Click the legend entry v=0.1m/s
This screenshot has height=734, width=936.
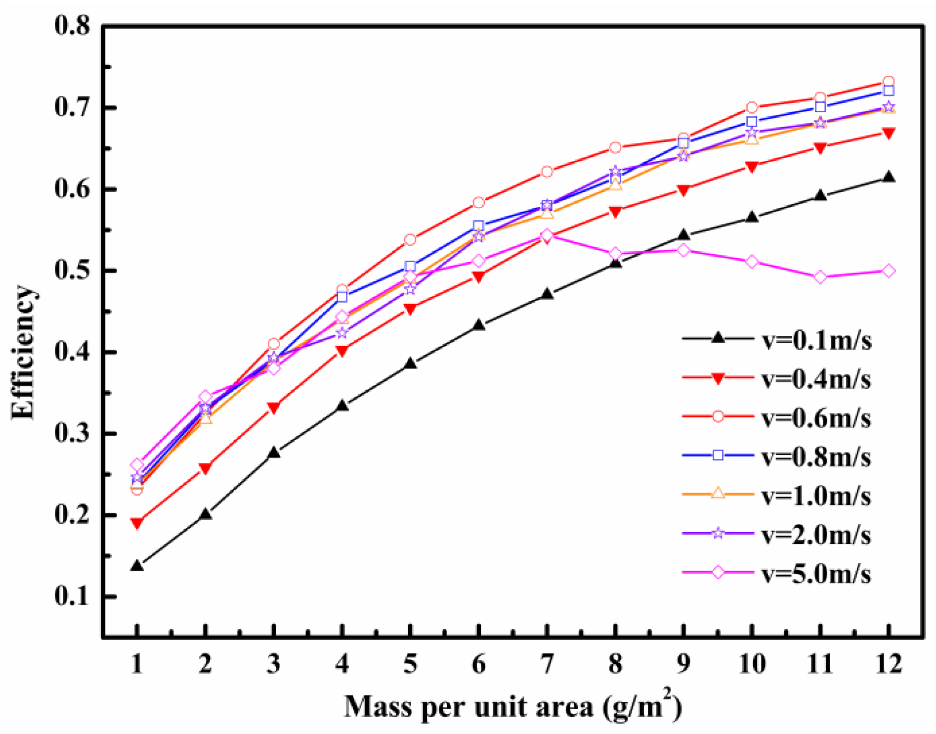(816, 340)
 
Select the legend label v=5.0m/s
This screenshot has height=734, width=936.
(816, 574)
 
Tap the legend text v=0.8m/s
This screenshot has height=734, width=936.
(816, 457)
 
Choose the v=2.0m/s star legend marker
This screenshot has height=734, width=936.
(718, 534)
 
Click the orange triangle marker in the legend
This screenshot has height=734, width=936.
(718, 493)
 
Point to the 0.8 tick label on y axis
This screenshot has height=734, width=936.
(73, 26)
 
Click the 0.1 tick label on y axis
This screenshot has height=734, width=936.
(73, 596)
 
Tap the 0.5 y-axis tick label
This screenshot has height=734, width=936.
(73, 271)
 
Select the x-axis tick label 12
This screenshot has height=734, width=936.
(888, 664)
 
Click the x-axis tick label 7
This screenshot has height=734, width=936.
(547, 664)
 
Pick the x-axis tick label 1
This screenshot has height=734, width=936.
(137, 664)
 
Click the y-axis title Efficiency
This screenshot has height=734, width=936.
(23, 352)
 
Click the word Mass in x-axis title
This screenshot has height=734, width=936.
(378, 706)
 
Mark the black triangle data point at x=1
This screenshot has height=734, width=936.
(137, 565)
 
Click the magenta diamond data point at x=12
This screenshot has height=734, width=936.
(888, 271)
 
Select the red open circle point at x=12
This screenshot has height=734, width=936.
(888, 82)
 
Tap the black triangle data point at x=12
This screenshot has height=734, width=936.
(888, 177)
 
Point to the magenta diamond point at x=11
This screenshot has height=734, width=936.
(820, 277)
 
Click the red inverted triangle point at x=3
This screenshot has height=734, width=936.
(274, 408)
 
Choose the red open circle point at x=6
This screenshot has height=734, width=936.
(478, 202)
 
